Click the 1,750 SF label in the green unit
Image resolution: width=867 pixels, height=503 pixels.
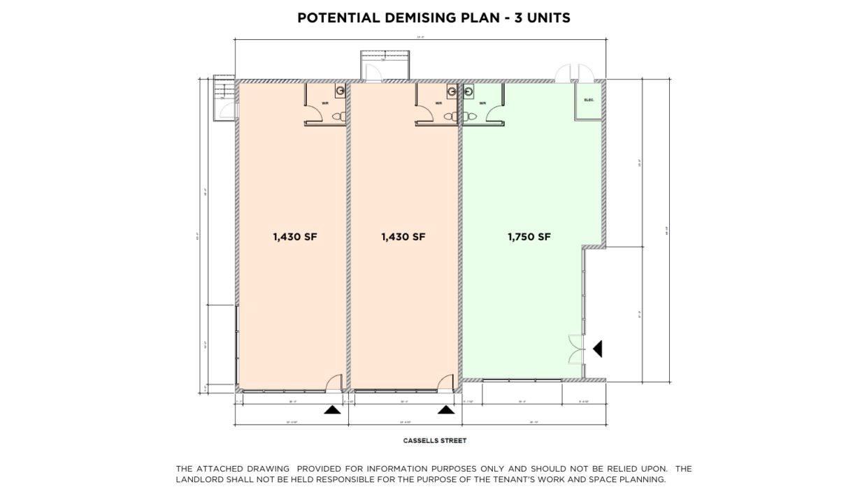(529, 237)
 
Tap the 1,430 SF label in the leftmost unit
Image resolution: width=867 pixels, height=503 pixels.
(295, 237)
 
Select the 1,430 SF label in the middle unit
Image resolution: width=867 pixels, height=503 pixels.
(403, 237)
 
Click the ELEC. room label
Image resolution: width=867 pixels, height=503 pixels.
(589, 101)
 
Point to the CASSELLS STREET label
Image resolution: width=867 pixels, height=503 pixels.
(434, 441)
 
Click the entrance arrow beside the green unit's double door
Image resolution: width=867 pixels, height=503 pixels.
(597, 348)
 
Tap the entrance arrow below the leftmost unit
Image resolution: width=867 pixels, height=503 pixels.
(333, 410)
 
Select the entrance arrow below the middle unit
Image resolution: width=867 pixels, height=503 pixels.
(445, 410)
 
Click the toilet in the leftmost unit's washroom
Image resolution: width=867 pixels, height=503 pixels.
(338, 117)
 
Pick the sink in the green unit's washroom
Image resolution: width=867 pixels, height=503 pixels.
(468, 90)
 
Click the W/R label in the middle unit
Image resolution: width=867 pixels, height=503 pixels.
(438, 103)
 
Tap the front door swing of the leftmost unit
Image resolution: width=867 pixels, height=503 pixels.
(334, 381)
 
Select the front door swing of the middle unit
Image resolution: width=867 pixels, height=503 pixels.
(445, 381)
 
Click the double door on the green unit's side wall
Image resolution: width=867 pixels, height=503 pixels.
(576, 349)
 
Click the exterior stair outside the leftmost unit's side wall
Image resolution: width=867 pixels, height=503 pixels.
(224, 97)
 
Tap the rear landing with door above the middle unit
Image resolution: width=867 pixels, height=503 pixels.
(383, 66)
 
